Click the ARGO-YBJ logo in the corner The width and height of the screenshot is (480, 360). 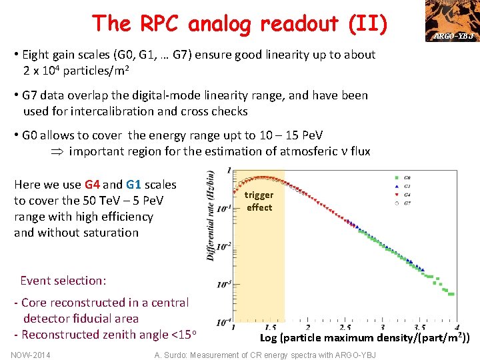[453, 21]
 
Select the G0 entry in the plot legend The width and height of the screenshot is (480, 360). [401, 178]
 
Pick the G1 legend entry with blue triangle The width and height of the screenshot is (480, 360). [401, 186]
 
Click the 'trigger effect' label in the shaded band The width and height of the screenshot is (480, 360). [259, 201]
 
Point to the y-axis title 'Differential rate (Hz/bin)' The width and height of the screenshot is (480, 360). [211, 215]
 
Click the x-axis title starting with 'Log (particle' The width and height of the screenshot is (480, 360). [365, 337]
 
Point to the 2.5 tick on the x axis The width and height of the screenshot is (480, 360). [345, 327]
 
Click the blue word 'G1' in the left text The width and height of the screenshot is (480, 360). [133, 185]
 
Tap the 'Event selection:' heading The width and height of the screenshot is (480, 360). [63, 281]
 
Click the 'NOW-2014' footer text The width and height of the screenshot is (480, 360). [31, 354]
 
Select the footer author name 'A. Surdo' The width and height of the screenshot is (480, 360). [171, 355]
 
